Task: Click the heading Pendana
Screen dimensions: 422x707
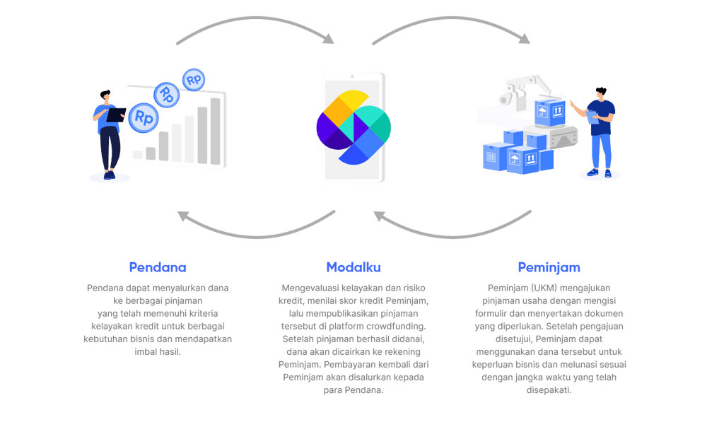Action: (158, 267)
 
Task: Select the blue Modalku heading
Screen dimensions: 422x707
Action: (353, 267)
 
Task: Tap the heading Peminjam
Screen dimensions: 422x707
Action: (549, 267)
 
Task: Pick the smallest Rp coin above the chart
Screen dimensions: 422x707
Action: (193, 79)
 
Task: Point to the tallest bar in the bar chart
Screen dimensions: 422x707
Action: (215, 130)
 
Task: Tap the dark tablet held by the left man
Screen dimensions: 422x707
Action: (116, 115)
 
